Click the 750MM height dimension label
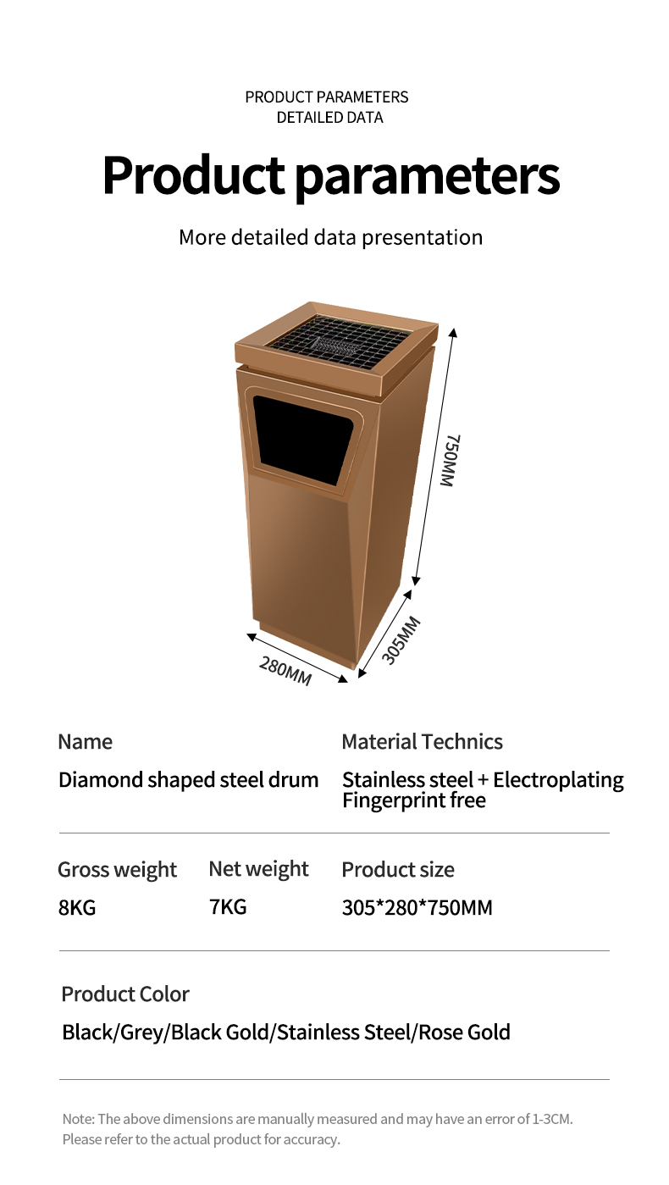point(451,460)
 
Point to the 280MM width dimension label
point(285,670)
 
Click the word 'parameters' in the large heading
point(428,176)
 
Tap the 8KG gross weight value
point(77,907)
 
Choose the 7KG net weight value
point(228,906)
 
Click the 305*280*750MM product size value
point(417,907)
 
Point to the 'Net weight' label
point(258,869)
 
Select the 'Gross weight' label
point(118,870)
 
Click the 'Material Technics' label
point(422,742)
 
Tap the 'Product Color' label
point(125,994)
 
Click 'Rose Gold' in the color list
point(464,1033)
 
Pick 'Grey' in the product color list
point(141,1033)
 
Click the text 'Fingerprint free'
point(413,800)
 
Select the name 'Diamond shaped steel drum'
point(188,780)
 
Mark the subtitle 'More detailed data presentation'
point(330,237)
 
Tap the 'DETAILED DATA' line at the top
point(330,117)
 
